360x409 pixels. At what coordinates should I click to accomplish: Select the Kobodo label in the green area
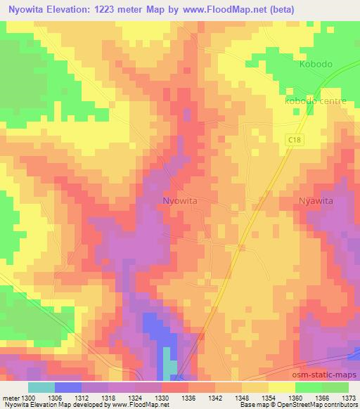(315, 64)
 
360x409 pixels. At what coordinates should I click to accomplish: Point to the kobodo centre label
(316, 101)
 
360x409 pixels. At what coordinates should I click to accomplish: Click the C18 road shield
(295, 141)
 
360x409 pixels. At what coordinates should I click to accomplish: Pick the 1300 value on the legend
(29, 397)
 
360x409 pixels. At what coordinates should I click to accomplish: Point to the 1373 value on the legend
(348, 397)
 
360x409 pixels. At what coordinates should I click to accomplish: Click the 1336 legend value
(188, 397)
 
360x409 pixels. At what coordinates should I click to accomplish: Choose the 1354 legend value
(269, 397)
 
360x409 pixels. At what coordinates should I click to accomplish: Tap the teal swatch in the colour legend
(41, 387)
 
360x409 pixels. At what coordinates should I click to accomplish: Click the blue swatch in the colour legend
(68, 387)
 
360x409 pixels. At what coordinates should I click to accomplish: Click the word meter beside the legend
(10, 397)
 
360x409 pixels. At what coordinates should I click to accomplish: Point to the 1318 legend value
(109, 397)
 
